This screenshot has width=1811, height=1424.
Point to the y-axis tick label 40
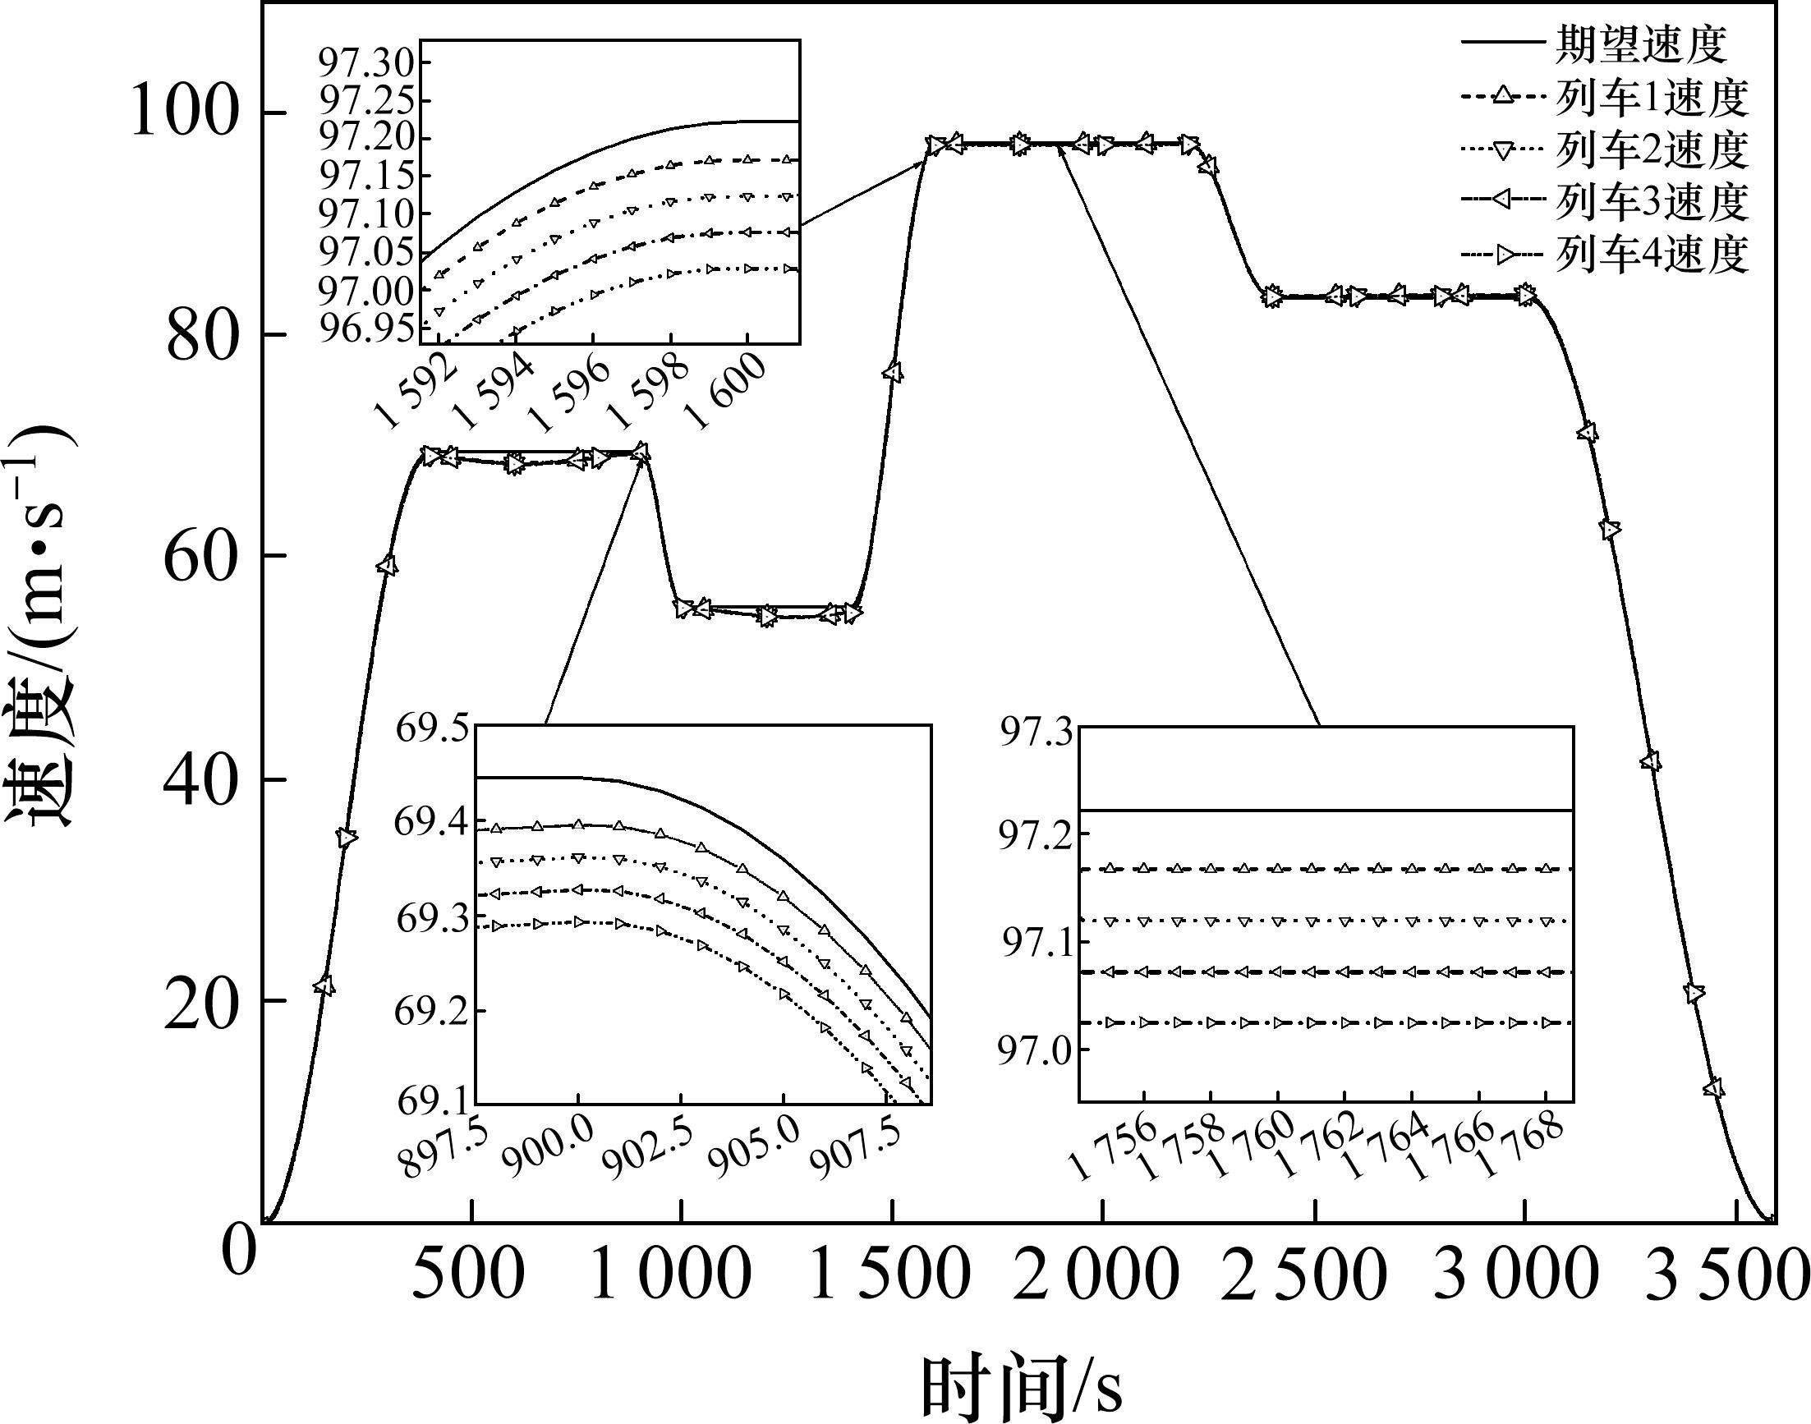click(x=204, y=780)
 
